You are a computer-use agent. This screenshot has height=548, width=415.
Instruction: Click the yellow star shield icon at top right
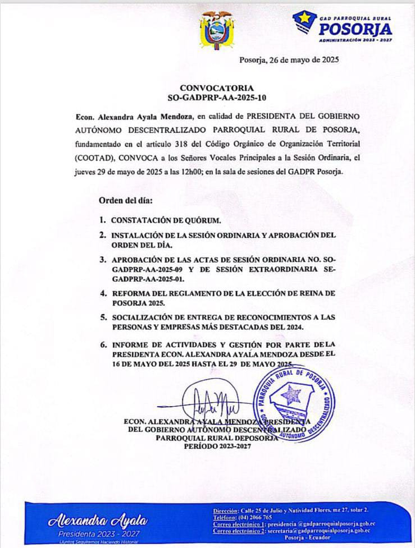(305, 22)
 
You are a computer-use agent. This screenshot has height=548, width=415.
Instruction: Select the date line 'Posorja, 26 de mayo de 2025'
(289, 59)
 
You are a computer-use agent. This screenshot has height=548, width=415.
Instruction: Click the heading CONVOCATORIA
(216, 88)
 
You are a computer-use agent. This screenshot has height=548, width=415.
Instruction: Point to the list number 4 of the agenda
(103, 293)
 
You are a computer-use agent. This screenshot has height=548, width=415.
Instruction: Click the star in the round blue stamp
(291, 395)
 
